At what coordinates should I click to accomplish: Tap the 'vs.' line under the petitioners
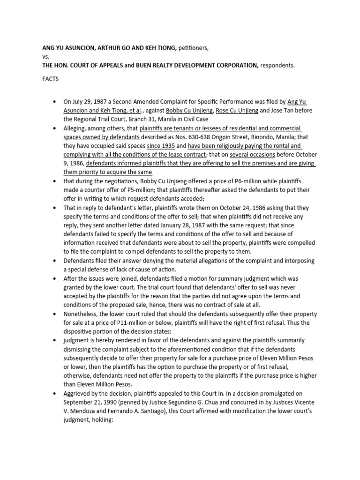point(46,56)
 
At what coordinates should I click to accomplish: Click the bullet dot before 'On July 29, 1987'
point(55,102)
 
